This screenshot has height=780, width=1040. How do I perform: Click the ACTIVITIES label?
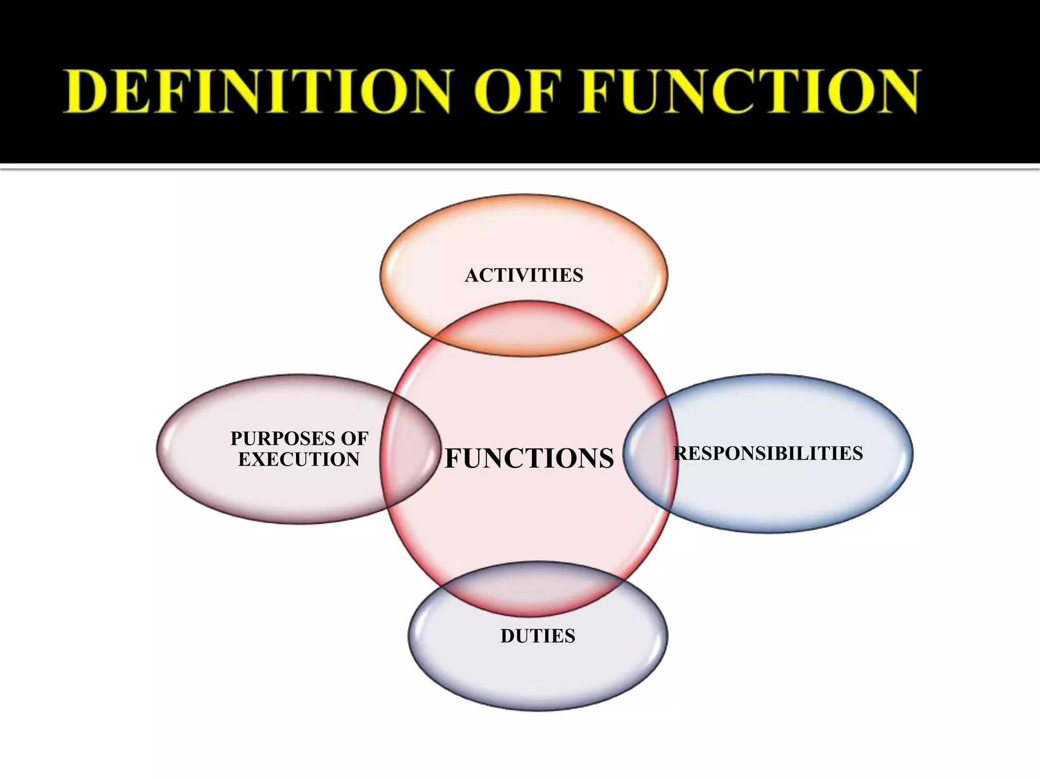pos(524,275)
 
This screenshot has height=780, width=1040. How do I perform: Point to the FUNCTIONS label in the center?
pos(529,458)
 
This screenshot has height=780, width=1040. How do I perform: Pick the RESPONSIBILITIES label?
pos(768,453)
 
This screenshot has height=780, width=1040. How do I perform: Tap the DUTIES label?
pos(538,636)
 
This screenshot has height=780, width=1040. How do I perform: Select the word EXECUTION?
pos(299,460)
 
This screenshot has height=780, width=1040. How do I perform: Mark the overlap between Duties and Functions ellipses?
pos(533,589)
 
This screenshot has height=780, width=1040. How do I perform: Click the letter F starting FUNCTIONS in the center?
pos(453,458)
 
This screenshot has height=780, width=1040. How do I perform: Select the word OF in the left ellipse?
pos(354,438)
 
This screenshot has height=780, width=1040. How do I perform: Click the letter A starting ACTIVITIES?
pos(473,275)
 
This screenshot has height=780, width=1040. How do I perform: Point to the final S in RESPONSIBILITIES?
pos(857,453)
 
